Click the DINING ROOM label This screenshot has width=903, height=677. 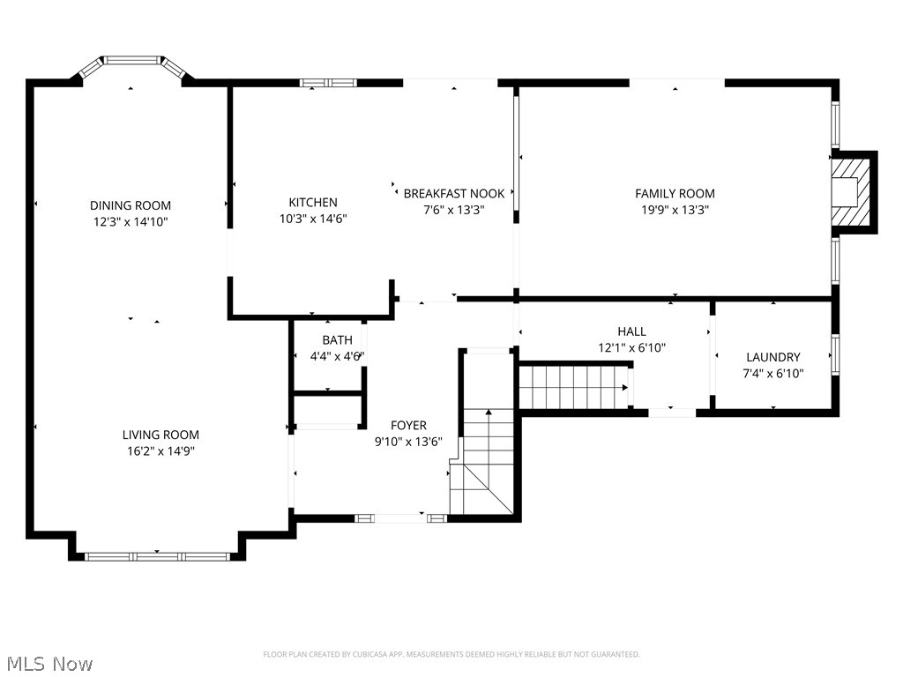pyautogui.click(x=131, y=205)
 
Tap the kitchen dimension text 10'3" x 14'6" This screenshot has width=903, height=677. pyautogui.click(x=313, y=219)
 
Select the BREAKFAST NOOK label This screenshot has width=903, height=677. pyautogui.click(x=454, y=193)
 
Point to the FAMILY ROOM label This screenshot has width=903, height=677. pyautogui.click(x=675, y=193)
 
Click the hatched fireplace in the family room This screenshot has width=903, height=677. pyautogui.click(x=852, y=192)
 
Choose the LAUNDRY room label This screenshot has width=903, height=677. pyautogui.click(x=772, y=357)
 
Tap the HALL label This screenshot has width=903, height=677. pyautogui.click(x=631, y=331)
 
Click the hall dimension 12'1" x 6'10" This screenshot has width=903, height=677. pyautogui.click(x=631, y=347)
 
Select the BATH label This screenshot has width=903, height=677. pyautogui.click(x=337, y=339)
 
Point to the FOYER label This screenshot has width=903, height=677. pyautogui.click(x=408, y=424)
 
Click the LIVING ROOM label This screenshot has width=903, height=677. pyautogui.click(x=160, y=435)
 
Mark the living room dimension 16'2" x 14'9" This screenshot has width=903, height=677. pyautogui.click(x=160, y=450)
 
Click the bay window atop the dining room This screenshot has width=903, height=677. pyautogui.click(x=132, y=63)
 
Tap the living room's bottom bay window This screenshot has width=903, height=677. pyautogui.click(x=157, y=556)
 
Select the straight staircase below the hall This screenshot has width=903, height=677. pyautogui.click(x=572, y=387)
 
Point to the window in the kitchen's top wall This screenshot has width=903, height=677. pyautogui.click(x=328, y=83)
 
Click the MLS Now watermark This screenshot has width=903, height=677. pyautogui.click(x=49, y=663)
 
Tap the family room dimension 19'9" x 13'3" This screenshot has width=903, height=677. pyautogui.click(x=675, y=210)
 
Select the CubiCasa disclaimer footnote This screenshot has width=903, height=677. pyautogui.click(x=451, y=654)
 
